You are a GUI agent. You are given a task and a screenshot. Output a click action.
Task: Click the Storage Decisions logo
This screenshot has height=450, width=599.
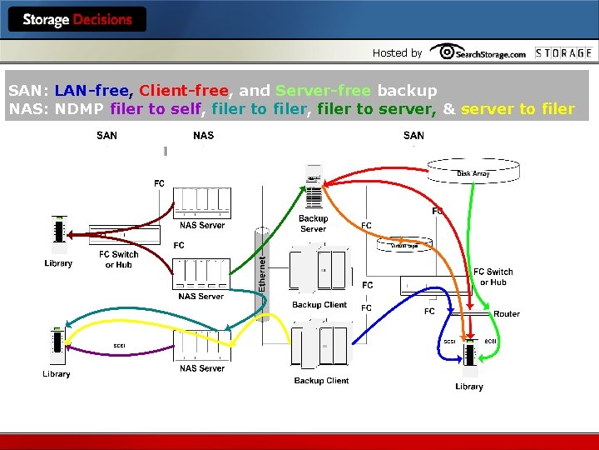(x=77, y=19)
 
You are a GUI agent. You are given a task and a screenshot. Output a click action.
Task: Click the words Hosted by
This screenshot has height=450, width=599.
(x=397, y=52)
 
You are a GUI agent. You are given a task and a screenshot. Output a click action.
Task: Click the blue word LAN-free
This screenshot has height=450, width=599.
(x=92, y=90)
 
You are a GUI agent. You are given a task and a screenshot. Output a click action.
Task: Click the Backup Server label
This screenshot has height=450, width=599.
(x=313, y=223)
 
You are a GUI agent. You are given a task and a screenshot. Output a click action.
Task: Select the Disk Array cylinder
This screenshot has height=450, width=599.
(x=473, y=171)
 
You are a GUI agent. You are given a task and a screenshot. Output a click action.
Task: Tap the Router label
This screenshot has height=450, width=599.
(x=506, y=313)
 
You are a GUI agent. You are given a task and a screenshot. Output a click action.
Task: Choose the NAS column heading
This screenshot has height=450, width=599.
(x=203, y=135)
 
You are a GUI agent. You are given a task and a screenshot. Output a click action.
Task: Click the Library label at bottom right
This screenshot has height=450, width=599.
(x=469, y=387)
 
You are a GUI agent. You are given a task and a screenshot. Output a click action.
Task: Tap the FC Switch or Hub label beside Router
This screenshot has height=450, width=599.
(x=493, y=277)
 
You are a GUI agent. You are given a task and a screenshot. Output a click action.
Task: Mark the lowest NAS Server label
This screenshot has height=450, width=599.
(x=201, y=368)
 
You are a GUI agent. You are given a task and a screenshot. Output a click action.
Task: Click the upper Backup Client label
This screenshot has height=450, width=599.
(x=319, y=305)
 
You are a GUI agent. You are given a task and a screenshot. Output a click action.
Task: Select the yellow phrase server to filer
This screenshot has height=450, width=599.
(x=517, y=109)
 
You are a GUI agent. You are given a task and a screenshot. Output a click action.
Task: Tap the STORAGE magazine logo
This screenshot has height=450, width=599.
(x=563, y=52)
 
